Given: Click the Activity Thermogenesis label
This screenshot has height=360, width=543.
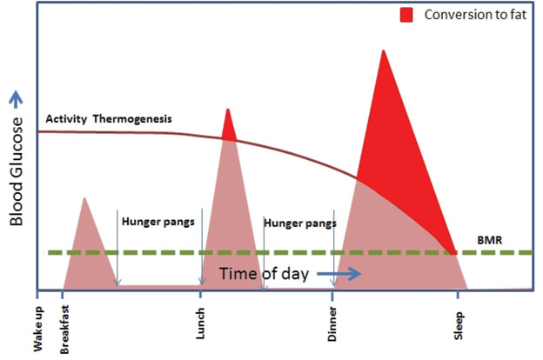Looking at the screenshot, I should (109, 118).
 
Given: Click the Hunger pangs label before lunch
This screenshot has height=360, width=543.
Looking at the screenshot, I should (158, 221).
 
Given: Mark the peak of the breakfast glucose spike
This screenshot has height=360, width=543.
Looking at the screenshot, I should (84, 199).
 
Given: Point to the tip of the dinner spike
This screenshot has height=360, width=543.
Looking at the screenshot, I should (383, 51).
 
